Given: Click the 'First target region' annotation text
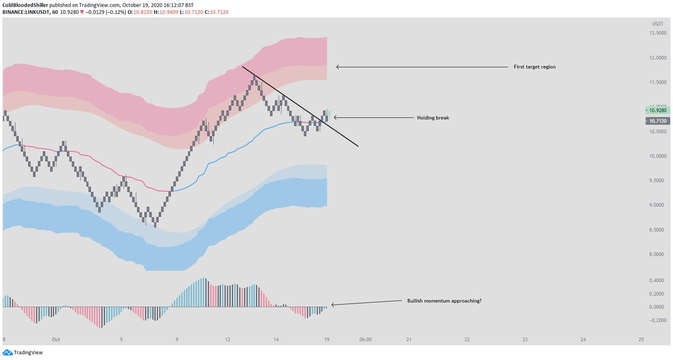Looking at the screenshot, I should click(x=534, y=67).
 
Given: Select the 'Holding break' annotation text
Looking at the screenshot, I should click(x=432, y=118).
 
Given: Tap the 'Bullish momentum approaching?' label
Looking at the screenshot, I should click(x=444, y=301).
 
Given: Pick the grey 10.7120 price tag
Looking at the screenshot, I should click(x=657, y=121).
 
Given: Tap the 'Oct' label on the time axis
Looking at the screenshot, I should click(x=56, y=340).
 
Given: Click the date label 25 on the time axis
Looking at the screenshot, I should click(x=641, y=340).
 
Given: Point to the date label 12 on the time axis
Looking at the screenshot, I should click(x=228, y=340).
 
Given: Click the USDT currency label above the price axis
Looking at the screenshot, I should click(x=657, y=24).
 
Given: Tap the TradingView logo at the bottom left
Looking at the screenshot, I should click(x=22, y=353).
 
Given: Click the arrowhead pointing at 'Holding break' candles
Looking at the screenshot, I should click(x=335, y=118).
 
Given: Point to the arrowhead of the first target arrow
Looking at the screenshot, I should click(x=338, y=67).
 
